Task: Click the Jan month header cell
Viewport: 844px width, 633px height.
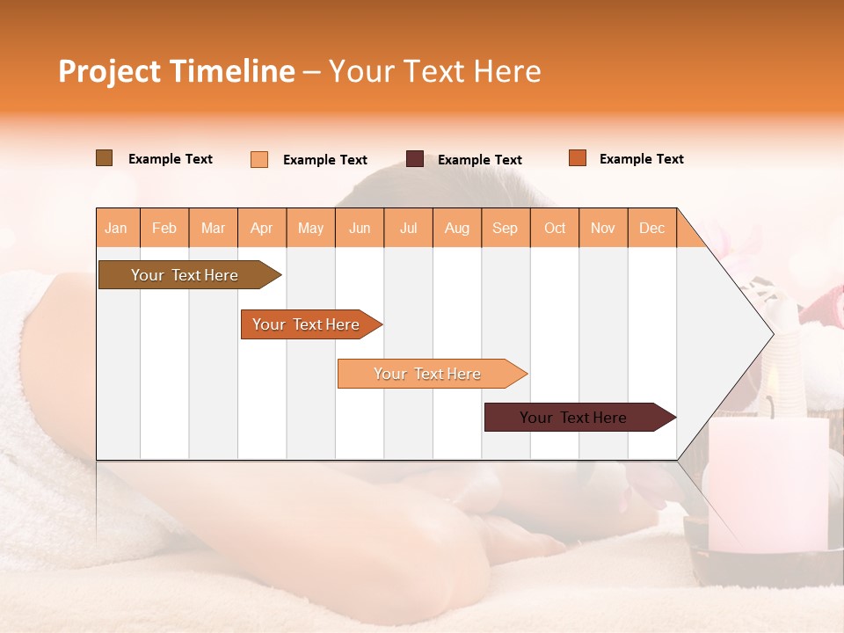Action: (117, 228)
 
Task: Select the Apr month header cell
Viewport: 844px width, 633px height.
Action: (262, 228)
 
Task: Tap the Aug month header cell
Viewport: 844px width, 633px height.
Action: (457, 228)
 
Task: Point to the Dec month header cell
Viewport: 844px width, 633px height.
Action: (652, 228)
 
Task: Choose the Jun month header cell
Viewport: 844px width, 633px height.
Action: (360, 228)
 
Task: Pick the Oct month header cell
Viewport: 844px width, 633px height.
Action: (555, 228)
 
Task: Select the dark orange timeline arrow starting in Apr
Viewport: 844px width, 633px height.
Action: (308, 324)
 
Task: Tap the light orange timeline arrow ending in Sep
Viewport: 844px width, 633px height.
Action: (428, 374)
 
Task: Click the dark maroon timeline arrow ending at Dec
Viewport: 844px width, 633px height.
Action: (575, 418)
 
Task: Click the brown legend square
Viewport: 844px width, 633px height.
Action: (105, 158)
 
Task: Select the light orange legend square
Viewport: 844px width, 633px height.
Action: (259, 159)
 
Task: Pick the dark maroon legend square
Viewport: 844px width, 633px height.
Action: (415, 159)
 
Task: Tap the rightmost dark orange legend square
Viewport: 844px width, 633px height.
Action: (578, 158)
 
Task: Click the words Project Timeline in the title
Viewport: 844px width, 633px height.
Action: (176, 71)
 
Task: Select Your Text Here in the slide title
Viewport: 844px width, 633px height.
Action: (435, 71)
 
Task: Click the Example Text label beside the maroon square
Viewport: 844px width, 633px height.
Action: (480, 160)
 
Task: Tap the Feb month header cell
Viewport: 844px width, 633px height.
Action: (164, 228)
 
